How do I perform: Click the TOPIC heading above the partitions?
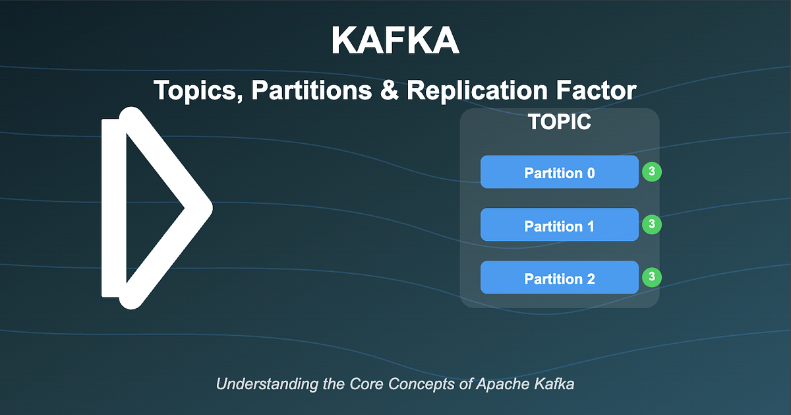[x=560, y=122]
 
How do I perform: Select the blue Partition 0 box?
[x=560, y=172]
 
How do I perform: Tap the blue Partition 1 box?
[x=560, y=225]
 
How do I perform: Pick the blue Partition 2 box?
[x=560, y=278]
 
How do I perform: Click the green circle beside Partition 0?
[x=651, y=172]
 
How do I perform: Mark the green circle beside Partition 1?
[x=651, y=224]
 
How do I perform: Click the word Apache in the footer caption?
[x=499, y=384]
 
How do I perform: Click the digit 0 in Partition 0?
[x=591, y=173]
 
